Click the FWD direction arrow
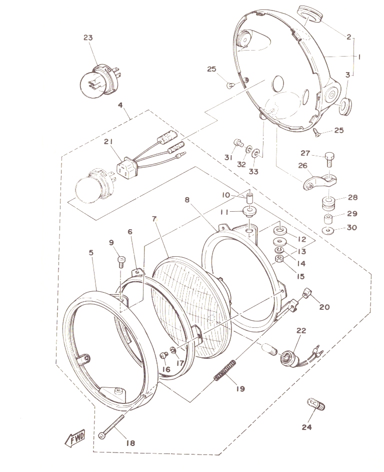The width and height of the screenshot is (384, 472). tap(75, 438)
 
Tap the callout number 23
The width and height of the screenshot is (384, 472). tap(88, 38)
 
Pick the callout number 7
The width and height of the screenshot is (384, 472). tap(154, 219)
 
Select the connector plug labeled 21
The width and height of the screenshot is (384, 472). tap(127, 165)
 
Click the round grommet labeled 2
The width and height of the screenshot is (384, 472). tap(309, 14)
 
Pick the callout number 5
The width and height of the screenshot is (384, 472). tap(91, 252)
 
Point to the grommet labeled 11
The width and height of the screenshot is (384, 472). tap(249, 213)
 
